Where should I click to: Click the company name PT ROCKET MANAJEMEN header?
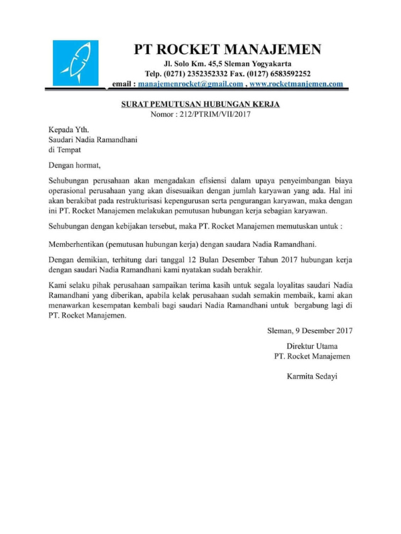[227, 49]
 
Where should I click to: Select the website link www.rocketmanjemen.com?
[296, 84]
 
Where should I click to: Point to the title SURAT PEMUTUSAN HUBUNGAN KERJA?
[200, 104]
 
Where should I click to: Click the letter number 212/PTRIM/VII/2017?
[213, 115]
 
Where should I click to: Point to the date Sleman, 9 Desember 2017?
[309, 330]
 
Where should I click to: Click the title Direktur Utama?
[311, 346]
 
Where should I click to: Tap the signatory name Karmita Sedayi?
[311, 376]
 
